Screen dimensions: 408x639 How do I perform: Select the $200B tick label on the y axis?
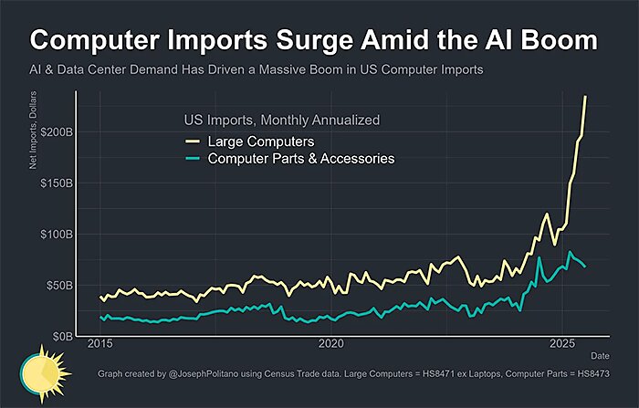pos(58,132)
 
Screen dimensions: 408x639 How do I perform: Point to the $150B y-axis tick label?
pos(58,183)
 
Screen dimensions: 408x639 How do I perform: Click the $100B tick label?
pos(58,235)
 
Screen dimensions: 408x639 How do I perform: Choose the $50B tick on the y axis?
pos(61,286)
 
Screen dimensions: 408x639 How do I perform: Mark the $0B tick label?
pos(65,337)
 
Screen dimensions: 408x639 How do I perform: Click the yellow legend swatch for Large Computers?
pos(193,142)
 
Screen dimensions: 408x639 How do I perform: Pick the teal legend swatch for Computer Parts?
pos(193,159)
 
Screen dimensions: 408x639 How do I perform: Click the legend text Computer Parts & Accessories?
pos(301,159)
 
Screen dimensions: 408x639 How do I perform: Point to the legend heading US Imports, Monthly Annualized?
pos(281,120)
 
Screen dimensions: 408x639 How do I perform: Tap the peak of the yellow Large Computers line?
pos(585,97)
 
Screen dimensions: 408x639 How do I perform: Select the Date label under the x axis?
pos(599,354)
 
